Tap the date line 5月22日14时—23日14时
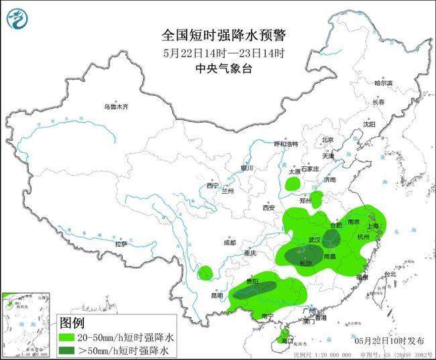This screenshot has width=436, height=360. click(x=223, y=53)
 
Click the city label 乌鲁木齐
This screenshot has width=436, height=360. click(x=115, y=107)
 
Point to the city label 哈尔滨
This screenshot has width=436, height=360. click(x=384, y=82)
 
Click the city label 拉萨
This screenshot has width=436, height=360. click(x=121, y=244)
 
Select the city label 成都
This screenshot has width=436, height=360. click(x=230, y=242)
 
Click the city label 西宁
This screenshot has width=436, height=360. click(x=213, y=186)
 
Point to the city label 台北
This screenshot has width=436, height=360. click(x=390, y=274)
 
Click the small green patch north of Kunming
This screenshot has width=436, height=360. click(x=205, y=272)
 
